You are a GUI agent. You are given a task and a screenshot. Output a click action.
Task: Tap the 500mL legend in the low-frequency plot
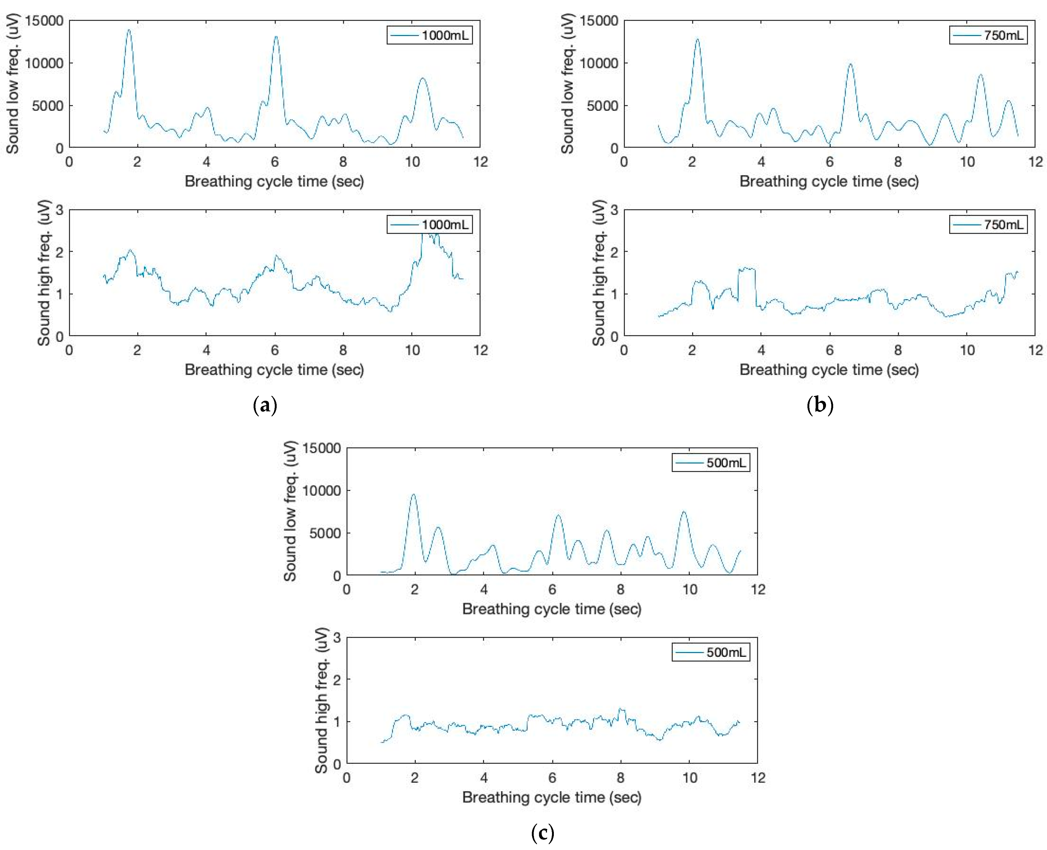pos(711,463)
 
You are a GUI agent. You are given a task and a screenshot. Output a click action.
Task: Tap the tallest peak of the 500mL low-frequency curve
pos(414,495)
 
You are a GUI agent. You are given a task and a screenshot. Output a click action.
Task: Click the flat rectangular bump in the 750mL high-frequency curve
pos(746,268)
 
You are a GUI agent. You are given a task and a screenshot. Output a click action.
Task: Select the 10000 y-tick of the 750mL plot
pos(599,63)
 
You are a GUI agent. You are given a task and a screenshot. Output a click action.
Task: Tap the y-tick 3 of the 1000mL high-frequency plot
pos(59,210)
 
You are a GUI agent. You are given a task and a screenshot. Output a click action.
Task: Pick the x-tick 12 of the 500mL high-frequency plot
pos(758,778)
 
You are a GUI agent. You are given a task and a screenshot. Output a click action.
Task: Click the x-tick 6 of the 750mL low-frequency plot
pos(829,162)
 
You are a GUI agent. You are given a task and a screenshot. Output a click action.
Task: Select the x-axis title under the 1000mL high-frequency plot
pos(274,370)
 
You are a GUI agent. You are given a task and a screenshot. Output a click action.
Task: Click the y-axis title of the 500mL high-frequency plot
pos(321,701)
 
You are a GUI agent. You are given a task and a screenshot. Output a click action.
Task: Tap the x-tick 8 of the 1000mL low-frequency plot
pos(343,162)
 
